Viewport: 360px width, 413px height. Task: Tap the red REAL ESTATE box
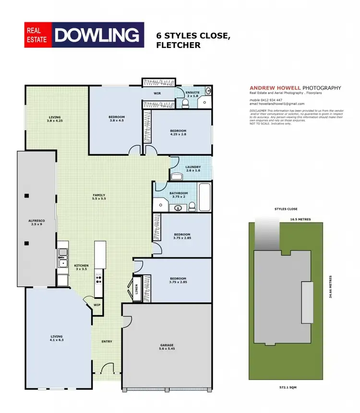[38, 35]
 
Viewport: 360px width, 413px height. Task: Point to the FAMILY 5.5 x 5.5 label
[99, 197]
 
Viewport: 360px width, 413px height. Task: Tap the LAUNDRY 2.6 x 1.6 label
[192, 169]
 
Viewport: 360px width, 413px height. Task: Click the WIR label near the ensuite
[157, 93]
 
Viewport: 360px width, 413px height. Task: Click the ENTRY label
[107, 341]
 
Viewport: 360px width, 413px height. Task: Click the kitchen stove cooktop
[99, 279]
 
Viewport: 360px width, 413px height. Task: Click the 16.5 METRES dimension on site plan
[300, 219]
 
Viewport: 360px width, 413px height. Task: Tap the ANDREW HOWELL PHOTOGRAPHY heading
[295, 88]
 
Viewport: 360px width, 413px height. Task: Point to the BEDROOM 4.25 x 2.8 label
[178, 133]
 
